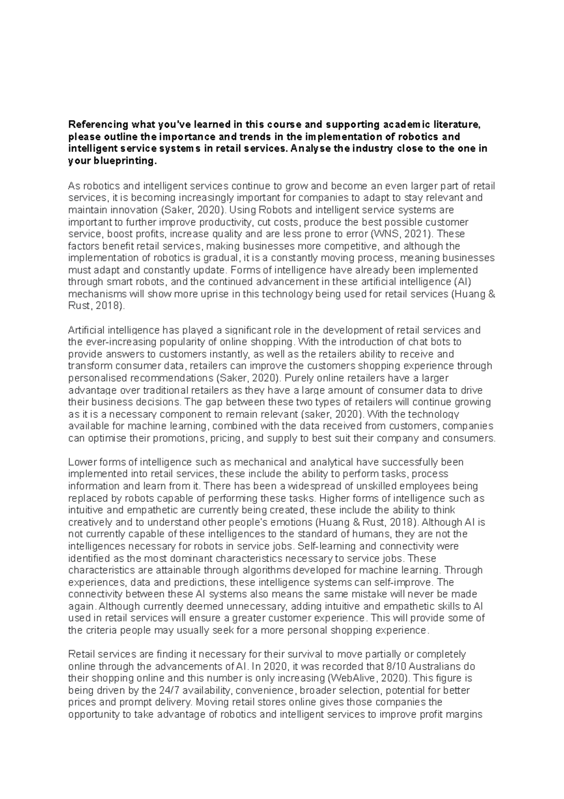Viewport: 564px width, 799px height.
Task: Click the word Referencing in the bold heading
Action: pyautogui.click(x=98, y=125)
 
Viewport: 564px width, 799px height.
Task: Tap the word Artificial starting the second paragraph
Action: pyautogui.click(x=86, y=330)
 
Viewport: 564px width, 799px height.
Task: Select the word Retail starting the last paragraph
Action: pyautogui.click(x=80, y=654)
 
